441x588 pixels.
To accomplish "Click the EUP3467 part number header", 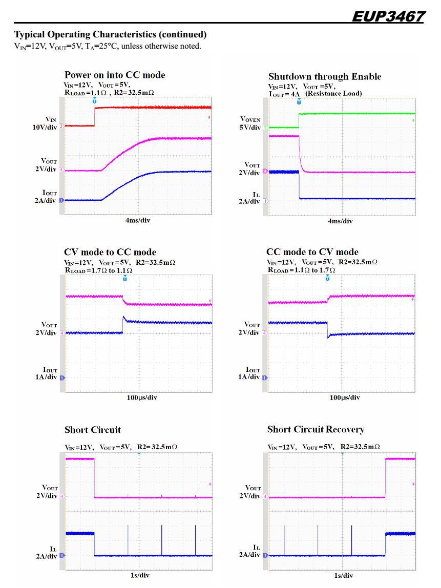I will click(388, 17).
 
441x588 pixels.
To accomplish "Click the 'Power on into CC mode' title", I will click(115, 75).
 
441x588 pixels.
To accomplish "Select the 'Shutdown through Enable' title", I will click(325, 76).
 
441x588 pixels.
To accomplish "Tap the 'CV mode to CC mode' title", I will click(110, 252).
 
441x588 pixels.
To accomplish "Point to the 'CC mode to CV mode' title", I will click(312, 252).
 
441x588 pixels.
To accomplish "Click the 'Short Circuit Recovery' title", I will click(316, 429).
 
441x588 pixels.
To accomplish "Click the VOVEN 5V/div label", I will click(250, 123).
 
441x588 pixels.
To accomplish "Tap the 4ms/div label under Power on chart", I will click(138, 220).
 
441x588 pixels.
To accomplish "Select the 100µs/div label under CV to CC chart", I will click(142, 397).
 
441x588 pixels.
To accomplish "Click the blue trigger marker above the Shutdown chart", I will click(299, 101).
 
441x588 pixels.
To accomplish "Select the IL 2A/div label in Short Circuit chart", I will click(47, 552).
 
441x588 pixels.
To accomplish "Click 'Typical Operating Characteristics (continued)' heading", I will click(110, 35).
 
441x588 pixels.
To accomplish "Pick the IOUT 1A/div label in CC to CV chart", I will click(249, 373).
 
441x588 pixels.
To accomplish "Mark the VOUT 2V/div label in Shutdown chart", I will click(249, 169).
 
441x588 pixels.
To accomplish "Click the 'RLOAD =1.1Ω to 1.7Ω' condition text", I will click(301, 270).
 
